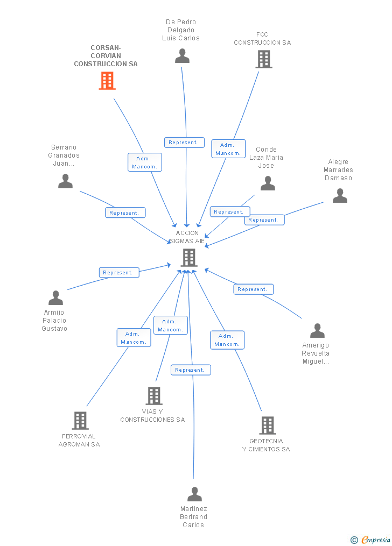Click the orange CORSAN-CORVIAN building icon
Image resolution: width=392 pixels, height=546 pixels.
(107, 81)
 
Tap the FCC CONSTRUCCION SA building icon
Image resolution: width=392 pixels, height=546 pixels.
(263, 59)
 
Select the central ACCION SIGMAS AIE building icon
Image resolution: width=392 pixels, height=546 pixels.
(188, 258)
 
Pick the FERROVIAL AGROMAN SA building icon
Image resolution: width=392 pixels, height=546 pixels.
(80, 421)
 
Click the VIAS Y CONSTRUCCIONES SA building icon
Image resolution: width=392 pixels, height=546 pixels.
(154, 396)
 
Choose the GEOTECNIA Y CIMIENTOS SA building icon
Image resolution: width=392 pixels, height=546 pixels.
(267, 426)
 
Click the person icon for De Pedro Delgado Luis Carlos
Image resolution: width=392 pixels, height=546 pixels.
(183, 56)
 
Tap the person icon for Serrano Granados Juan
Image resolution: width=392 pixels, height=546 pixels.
(65, 181)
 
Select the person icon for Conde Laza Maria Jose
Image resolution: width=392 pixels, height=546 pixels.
(268, 183)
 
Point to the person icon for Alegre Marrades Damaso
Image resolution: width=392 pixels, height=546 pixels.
(340, 195)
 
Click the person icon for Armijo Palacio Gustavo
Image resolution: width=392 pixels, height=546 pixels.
(55, 298)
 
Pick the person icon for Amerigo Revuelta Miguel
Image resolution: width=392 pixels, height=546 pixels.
(317, 331)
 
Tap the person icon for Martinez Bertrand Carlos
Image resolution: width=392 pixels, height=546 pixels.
(194, 494)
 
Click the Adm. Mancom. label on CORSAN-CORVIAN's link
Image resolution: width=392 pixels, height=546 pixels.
(144, 162)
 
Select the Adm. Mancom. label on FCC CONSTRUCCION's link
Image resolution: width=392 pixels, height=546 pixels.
(228, 149)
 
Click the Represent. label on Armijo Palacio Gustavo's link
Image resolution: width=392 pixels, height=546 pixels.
(119, 273)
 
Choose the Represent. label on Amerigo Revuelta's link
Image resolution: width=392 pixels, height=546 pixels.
(253, 289)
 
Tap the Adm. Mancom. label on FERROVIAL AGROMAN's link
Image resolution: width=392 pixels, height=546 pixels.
(134, 338)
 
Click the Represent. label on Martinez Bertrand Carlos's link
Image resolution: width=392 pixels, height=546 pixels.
(191, 370)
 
